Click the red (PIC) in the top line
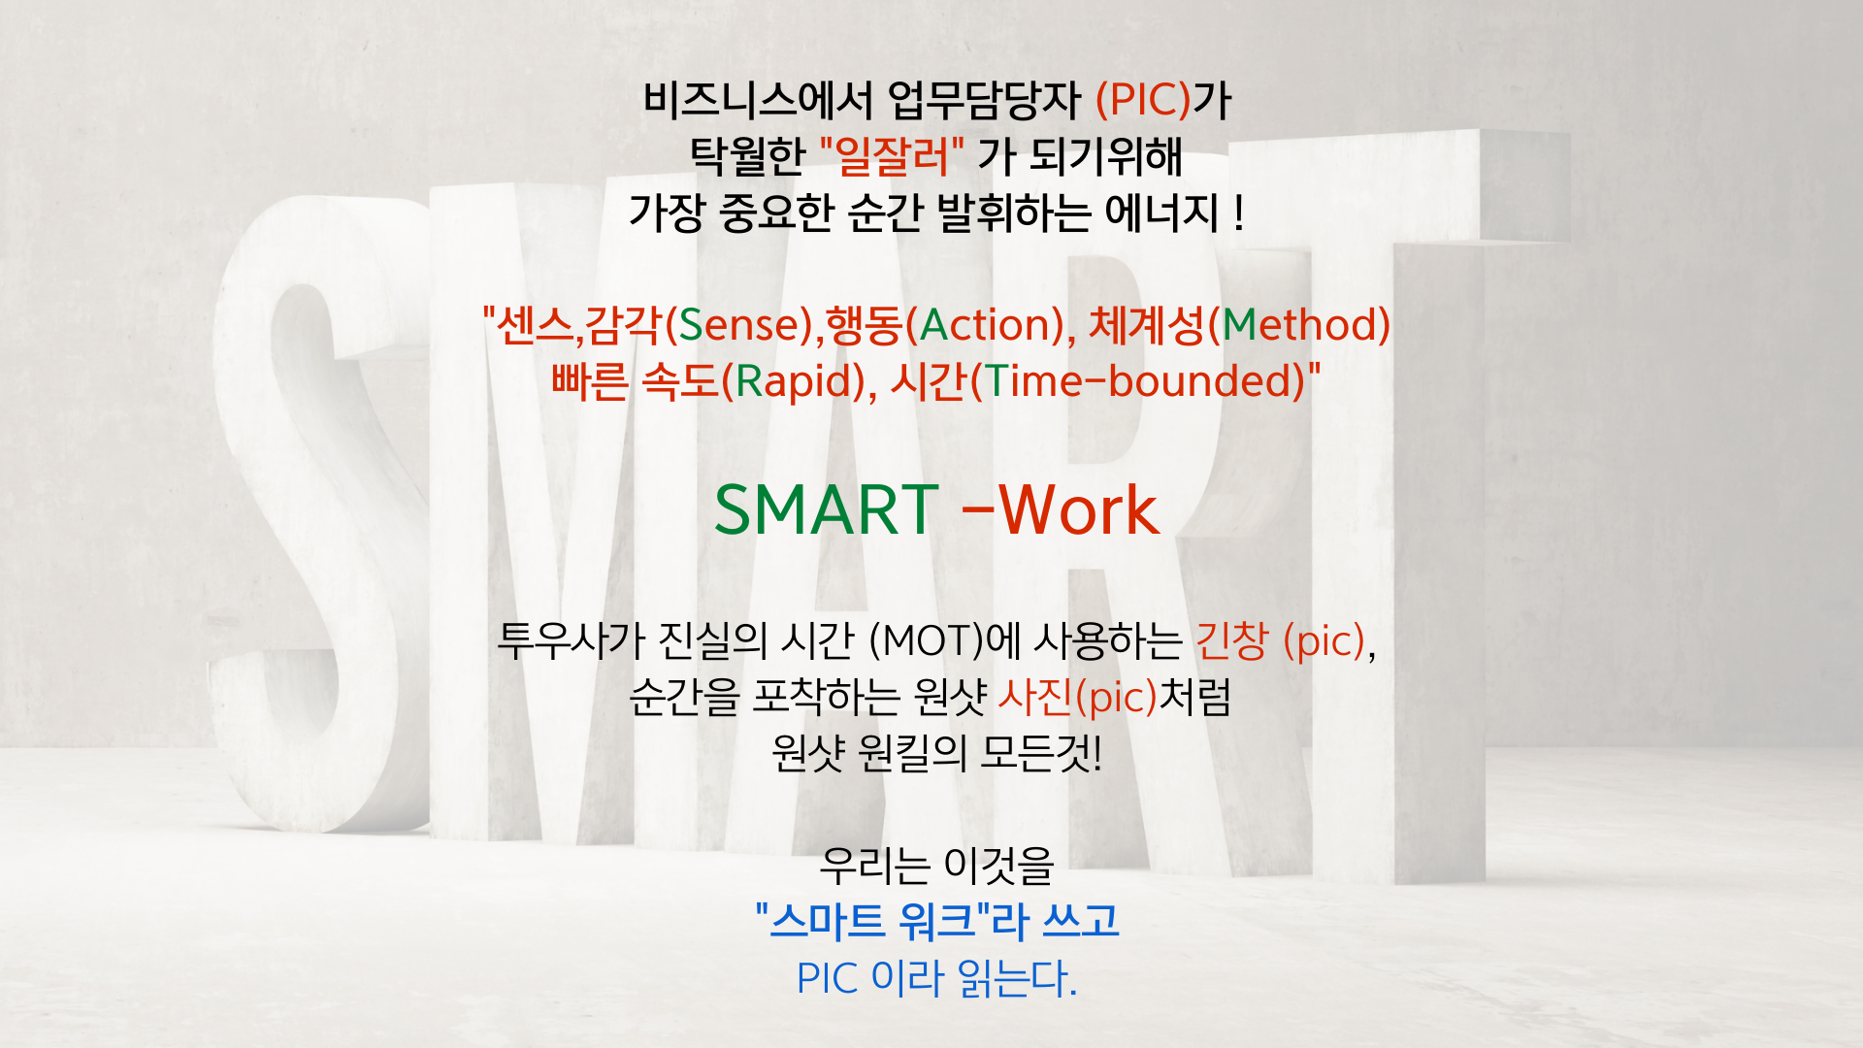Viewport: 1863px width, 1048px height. (1143, 100)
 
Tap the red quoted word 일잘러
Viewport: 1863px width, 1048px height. (893, 155)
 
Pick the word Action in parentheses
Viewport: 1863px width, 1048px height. (985, 324)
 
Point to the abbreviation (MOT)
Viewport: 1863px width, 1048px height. (927, 640)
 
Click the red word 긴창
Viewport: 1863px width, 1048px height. (1232, 640)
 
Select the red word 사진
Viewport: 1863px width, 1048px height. (1035, 696)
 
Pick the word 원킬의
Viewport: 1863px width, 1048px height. (913, 752)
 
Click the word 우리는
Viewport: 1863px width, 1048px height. (876, 865)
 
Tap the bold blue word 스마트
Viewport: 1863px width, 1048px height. (827, 921)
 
